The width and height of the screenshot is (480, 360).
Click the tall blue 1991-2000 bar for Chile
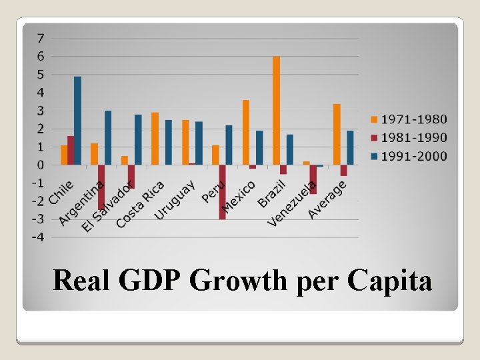77,121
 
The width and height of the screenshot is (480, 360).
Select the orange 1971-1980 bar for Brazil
276,111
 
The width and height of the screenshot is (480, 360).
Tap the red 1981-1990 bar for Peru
222,192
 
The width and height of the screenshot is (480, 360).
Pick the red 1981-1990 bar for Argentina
101,187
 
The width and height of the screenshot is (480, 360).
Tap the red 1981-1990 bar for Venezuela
313,179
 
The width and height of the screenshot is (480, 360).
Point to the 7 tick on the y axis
41,37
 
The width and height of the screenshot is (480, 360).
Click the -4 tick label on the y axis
39,237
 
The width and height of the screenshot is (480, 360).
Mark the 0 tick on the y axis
41,165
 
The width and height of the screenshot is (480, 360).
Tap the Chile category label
61,191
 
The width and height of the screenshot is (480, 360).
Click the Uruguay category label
175,199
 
